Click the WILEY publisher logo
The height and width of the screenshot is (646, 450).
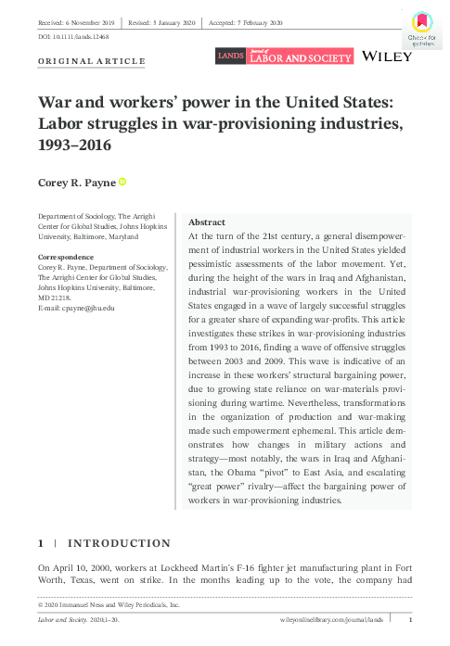pos(388,57)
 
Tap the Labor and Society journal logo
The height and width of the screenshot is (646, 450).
pos(284,57)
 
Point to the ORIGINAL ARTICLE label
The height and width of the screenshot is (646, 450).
pos(91,61)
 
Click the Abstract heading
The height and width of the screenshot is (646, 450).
pos(206,223)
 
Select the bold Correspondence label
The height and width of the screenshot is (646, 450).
pos(64,256)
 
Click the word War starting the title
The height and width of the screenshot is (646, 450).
pos(57,103)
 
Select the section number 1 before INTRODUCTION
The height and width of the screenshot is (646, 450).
pos(40,543)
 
